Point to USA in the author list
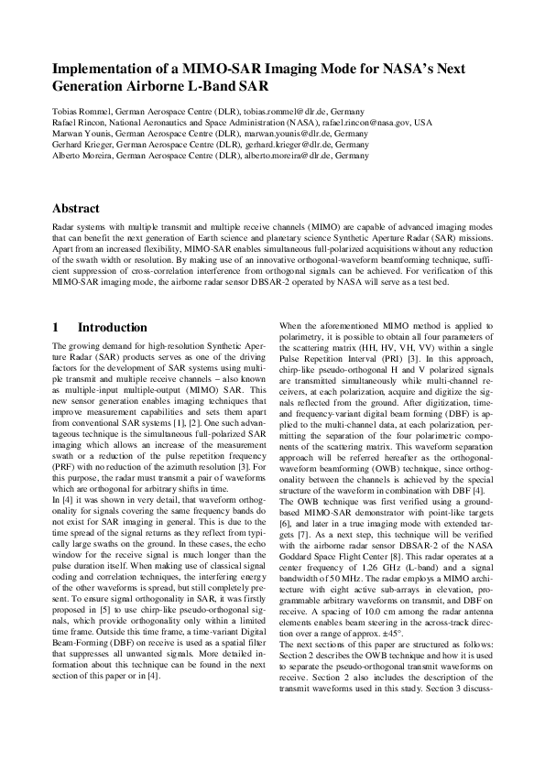422,122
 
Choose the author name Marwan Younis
81,133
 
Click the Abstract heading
76,209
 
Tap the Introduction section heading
112,327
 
